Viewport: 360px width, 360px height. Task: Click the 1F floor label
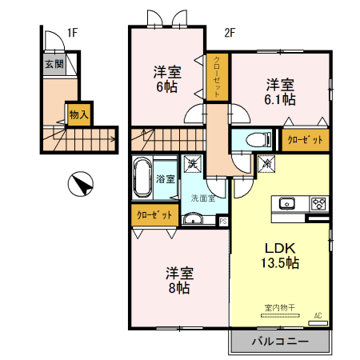click(72, 33)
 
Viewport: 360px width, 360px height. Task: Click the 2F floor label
click(230, 33)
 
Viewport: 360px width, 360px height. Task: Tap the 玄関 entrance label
click(54, 63)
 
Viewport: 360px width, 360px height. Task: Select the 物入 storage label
click(78, 114)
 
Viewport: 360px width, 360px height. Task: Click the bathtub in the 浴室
click(143, 178)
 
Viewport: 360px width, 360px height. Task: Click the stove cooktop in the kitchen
click(318, 202)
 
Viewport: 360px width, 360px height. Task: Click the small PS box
click(222, 222)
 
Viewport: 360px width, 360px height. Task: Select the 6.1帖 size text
click(281, 100)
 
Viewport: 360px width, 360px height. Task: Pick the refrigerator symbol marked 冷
click(266, 164)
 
